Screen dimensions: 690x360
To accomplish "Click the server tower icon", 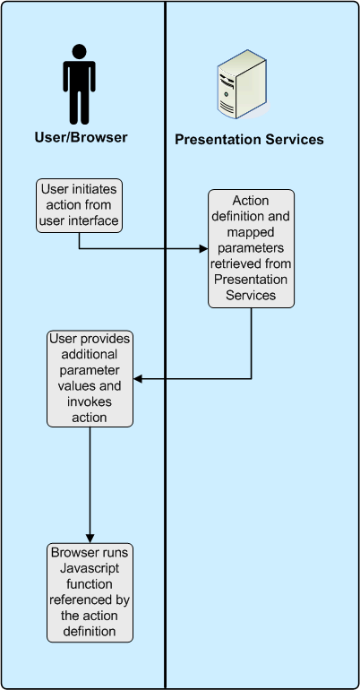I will (242, 85).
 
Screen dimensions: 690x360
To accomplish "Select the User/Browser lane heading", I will (81, 138).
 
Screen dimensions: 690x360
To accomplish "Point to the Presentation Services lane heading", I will (249, 140).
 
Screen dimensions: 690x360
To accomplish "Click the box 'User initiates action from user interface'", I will (79, 204).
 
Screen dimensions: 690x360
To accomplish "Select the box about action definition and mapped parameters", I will (251, 248).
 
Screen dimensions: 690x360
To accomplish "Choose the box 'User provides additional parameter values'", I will (90, 378).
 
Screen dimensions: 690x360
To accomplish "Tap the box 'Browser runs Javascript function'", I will (90, 591).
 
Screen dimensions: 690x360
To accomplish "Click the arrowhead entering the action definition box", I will (203, 249).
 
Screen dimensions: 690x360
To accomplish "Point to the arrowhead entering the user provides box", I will (138, 379).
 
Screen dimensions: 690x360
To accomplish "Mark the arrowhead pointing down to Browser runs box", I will (90, 536).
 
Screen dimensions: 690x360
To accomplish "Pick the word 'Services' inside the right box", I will (251, 294).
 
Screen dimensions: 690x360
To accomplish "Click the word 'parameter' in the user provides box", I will (90, 371).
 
